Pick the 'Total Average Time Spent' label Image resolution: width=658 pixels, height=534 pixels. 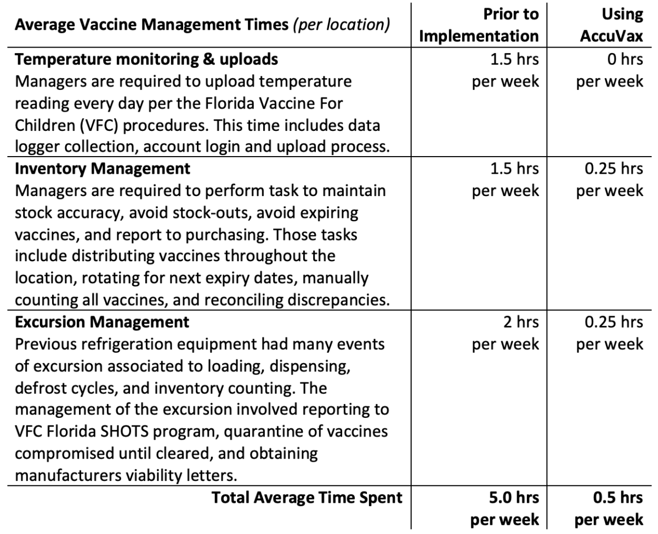click(x=307, y=497)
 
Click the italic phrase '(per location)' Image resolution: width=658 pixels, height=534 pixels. click(x=342, y=25)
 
